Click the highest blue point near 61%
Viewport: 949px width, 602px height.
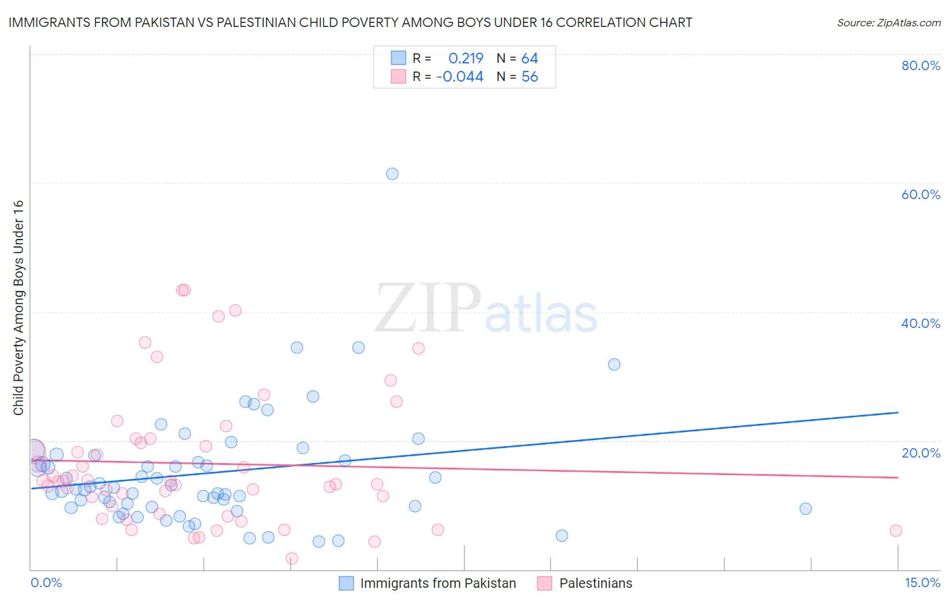[x=392, y=173]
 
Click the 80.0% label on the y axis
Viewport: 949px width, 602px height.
[x=921, y=65]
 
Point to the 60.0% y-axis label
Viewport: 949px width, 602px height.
[x=921, y=194]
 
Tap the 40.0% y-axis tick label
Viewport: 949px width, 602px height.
[x=921, y=323]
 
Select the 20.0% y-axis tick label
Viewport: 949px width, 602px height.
[x=921, y=453]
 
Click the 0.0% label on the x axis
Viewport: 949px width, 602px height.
[x=46, y=583]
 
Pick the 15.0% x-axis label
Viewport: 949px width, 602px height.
[x=922, y=583]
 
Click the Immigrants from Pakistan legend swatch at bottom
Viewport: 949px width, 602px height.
[x=346, y=583]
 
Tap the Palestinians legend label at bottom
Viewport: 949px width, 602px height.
[x=596, y=583]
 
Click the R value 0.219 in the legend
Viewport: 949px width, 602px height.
[x=466, y=59]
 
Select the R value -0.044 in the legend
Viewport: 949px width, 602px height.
[x=460, y=77]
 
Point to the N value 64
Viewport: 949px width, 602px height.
[x=529, y=59]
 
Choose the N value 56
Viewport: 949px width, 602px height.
[x=530, y=77]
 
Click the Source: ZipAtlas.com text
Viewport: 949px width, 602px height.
[x=888, y=23]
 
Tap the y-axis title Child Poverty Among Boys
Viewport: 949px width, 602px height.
[x=18, y=308]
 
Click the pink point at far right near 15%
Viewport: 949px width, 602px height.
[x=896, y=530]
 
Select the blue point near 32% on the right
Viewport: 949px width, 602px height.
[x=614, y=364]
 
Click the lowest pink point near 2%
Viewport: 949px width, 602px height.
[x=292, y=558]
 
